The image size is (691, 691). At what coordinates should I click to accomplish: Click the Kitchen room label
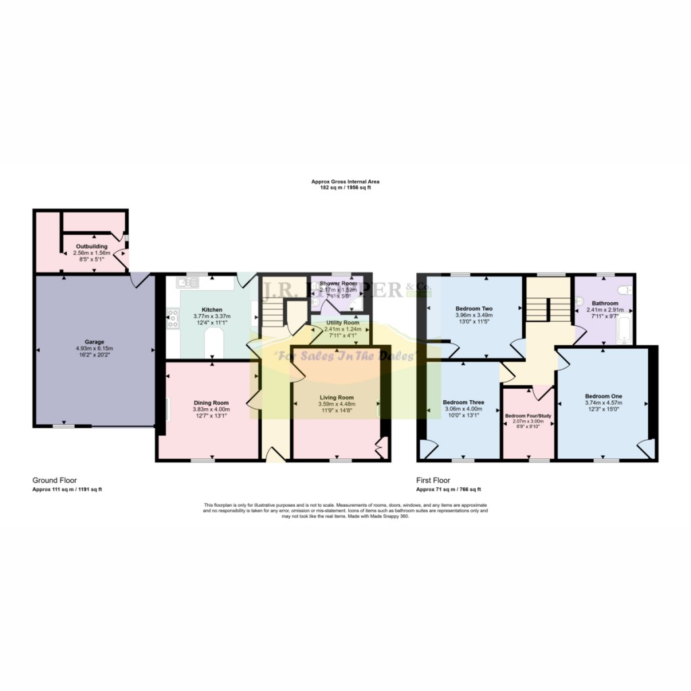[212, 310]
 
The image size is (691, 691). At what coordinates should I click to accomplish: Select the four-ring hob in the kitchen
[171, 317]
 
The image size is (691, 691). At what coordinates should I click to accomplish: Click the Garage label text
[94, 341]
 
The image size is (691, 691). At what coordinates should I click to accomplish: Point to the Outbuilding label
[91, 246]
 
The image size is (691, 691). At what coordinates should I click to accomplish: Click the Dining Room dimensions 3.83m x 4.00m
[212, 409]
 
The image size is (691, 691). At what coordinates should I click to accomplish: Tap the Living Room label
[337, 397]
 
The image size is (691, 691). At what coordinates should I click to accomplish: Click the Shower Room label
[339, 283]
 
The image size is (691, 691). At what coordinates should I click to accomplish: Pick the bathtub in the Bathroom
[624, 329]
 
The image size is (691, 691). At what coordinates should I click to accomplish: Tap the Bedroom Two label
[474, 308]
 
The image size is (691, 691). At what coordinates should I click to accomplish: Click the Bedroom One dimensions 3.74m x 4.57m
[603, 403]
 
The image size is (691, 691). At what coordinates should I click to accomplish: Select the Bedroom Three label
[463, 402]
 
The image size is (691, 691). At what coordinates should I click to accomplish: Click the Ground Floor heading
[54, 480]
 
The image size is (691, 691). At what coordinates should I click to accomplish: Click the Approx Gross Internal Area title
[341, 182]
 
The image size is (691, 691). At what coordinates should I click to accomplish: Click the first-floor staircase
[547, 310]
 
